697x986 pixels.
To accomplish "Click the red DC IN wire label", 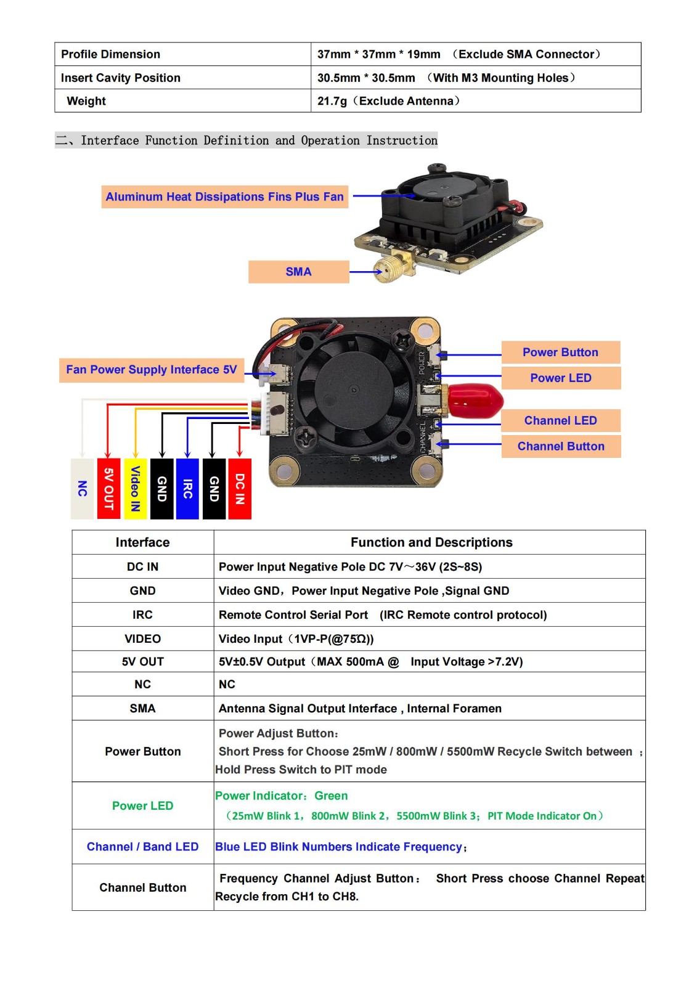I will tap(240, 489).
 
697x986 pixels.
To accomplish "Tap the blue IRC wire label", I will tap(187, 489).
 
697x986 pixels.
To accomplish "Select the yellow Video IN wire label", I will tap(135, 489).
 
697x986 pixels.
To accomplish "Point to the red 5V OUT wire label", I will tap(108, 489).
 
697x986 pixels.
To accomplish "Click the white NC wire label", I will tap(82, 489).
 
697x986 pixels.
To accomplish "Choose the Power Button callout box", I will tap(560, 352).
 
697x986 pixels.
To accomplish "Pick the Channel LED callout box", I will tap(560, 421).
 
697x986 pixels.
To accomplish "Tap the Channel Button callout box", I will tap(560, 446).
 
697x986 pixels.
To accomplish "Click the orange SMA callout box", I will tap(298, 272).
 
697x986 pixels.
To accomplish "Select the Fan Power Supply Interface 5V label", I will tap(152, 370).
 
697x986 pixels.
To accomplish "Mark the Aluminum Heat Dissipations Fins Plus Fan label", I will tap(224, 197).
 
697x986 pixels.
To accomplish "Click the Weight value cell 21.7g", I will tap(388, 101).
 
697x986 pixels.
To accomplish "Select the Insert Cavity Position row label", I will tap(121, 78).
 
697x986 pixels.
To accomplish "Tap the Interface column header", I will tap(142, 542).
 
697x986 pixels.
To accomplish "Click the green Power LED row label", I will tap(142, 806).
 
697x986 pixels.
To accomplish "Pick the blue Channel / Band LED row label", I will tap(142, 847).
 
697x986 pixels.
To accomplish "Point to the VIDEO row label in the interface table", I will tap(142, 639).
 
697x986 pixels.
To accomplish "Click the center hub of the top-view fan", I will tap(353, 389).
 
